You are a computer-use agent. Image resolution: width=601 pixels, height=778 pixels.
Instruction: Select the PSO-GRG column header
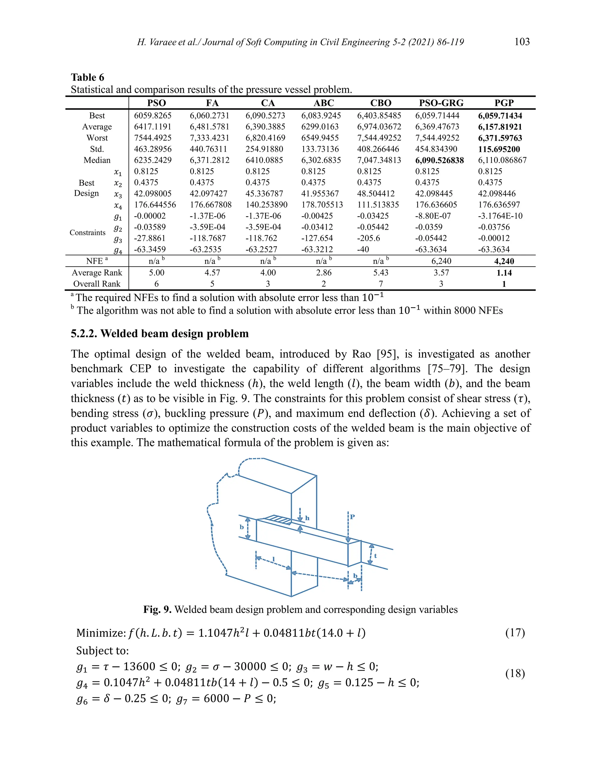tap(441, 103)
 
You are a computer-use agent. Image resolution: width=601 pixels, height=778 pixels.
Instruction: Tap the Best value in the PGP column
tap(499, 116)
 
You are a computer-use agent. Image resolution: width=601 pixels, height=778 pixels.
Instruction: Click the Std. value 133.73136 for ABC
tap(320, 149)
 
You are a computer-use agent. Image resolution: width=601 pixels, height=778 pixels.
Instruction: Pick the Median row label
tap(97, 160)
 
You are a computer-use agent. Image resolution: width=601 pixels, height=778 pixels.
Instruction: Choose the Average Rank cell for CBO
tap(381, 272)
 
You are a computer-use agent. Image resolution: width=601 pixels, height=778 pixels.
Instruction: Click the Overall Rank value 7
tap(381, 284)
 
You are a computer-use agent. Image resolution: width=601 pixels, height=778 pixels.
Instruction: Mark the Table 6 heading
tap(87, 77)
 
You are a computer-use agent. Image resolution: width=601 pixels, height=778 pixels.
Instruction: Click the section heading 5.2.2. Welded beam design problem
tap(160, 334)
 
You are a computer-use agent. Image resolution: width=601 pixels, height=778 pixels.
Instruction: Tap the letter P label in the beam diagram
tap(352, 516)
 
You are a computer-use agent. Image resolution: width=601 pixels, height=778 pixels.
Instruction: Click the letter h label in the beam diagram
tap(307, 518)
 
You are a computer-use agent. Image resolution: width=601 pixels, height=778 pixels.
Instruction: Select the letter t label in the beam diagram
tap(375, 555)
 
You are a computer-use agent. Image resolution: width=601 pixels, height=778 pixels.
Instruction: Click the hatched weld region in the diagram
tap(279, 520)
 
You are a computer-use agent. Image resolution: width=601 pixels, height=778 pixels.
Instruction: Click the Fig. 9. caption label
tap(157, 609)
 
